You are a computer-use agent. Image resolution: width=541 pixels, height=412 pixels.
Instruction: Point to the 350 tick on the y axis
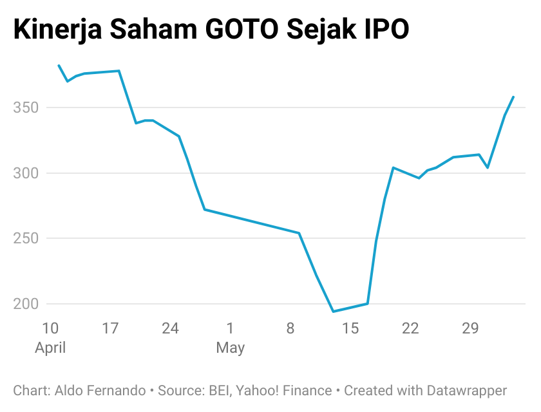tap(26, 108)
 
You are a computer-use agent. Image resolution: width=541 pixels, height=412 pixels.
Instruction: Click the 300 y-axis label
tap(26, 173)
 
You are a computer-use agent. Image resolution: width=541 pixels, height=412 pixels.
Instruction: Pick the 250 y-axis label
tap(26, 238)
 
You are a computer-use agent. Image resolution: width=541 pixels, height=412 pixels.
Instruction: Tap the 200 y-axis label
tap(26, 304)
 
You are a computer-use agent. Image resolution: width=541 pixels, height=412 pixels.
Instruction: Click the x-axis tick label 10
tap(50, 328)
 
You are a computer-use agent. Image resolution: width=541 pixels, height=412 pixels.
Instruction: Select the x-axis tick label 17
tap(110, 328)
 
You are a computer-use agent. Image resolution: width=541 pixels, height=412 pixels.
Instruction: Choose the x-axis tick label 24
tap(170, 328)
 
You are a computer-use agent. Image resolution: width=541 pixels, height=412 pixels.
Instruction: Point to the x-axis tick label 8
tap(290, 328)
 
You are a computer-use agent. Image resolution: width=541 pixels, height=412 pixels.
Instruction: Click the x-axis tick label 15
tap(350, 328)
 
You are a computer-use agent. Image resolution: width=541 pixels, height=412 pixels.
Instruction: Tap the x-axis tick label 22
tap(410, 328)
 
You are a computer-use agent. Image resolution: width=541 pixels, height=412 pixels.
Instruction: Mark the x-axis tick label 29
tap(470, 328)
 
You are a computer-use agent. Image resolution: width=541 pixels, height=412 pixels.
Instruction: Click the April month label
tap(50, 348)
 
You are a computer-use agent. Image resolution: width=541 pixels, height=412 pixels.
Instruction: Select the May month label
tap(231, 348)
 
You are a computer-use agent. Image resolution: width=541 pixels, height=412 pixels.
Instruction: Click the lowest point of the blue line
tap(333, 312)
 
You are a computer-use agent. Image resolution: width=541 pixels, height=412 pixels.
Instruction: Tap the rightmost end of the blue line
tap(513, 97)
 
